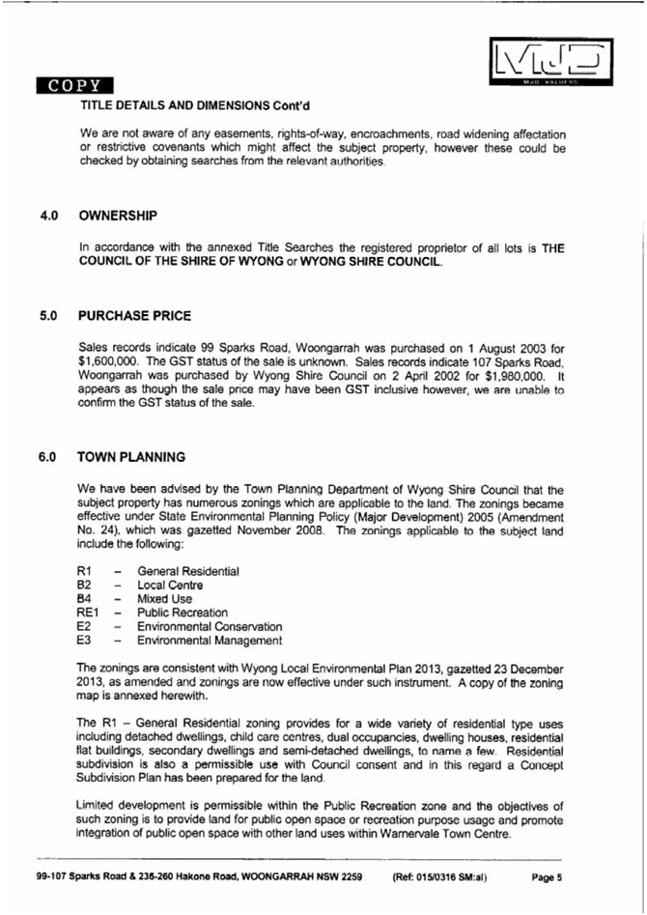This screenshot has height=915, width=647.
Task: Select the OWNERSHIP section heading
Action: [118, 214]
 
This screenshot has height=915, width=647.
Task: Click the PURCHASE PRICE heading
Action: [135, 316]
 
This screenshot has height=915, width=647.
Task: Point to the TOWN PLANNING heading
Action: [131, 457]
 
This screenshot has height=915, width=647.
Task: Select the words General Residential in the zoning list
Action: [188, 572]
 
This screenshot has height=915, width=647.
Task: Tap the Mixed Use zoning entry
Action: [165, 599]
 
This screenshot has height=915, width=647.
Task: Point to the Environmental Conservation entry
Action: [210, 626]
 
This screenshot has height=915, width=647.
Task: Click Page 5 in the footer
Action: [547, 878]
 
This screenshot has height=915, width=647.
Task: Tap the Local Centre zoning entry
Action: [171, 586]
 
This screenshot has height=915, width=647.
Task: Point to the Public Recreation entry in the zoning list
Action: [183, 613]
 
